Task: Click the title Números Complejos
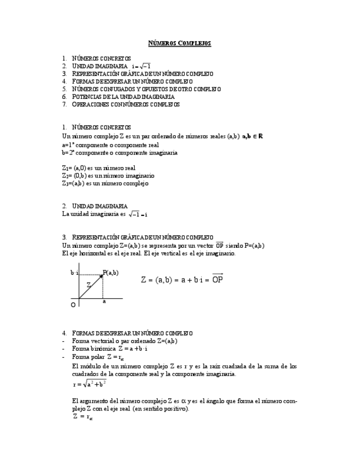coord(180,43)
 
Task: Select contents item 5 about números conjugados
coord(146,88)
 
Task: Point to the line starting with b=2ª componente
coord(120,153)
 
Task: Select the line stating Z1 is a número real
coord(99,168)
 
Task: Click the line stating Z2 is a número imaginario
coord(108,175)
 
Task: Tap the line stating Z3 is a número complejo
coord(106,183)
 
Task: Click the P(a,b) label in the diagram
coord(110,273)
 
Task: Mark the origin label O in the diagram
coord(73,304)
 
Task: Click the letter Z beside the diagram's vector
coord(88,285)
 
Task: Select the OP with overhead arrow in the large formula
coord(218,279)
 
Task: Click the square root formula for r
coord(90,384)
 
